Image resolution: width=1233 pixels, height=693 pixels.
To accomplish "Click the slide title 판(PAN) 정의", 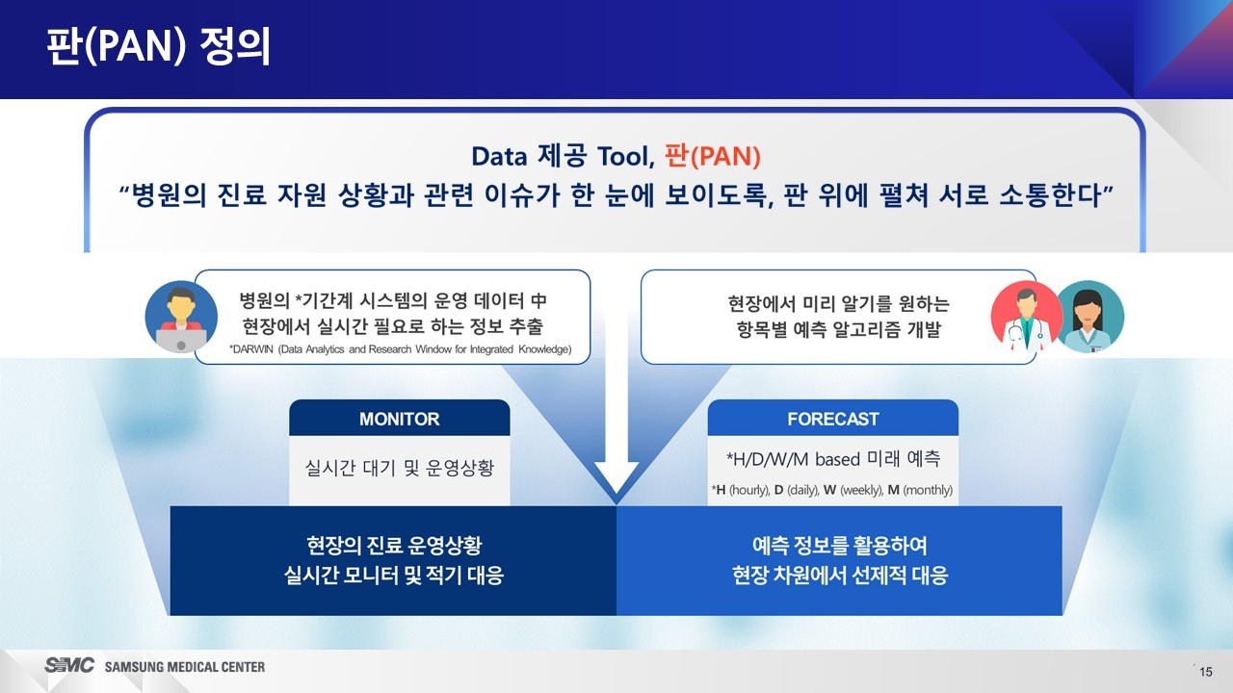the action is pyautogui.click(x=159, y=46).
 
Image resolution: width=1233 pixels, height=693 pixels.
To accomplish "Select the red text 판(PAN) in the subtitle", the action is pyautogui.click(x=713, y=156).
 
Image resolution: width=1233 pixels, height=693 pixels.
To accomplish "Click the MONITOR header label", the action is pyautogui.click(x=399, y=419).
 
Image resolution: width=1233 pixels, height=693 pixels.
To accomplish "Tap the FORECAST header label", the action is pyautogui.click(x=833, y=419).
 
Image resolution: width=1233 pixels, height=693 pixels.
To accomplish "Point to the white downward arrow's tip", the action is pyautogui.click(x=616, y=494).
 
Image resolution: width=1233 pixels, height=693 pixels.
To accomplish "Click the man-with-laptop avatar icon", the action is pyautogui.click(x=181, y=317).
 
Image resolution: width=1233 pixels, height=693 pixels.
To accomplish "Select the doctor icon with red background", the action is pyautogui.click(x=1026, y=317).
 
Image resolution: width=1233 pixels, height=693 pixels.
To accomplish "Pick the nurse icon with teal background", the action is pyautogui.click(x=1089, y=317).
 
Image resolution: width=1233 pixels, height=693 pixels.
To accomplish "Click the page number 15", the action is pyautogui.click(x=1205, y=672).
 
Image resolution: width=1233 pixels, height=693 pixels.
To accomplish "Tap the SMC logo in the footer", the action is pyautogui.click(x=69, y=665).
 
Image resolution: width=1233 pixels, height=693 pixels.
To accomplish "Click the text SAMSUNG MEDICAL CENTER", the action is pyautogui.click(x=185, y=667).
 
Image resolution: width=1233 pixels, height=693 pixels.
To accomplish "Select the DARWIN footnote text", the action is pyautogui.click(x=400, y=349).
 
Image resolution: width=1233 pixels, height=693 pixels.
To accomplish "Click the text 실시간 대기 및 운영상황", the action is pyautogui.click(x=400, y=468).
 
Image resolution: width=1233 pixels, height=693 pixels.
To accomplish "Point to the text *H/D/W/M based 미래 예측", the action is pyautogui.click(x=833, y=459).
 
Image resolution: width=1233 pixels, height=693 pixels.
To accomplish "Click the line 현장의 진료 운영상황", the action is pyautogui.click(x=394, y=546).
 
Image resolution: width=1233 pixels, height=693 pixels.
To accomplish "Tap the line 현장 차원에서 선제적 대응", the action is pyautogui.click(x=840, y=576).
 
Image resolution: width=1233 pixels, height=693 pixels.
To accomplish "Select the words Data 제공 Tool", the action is pyautogui.click(x=564, y=156).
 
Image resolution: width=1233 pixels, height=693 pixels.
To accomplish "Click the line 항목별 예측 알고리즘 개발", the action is pyautogui.click(x=839, y=329).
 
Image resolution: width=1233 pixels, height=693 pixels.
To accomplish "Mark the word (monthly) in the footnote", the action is pyautogui.click(x=928, y=490).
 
